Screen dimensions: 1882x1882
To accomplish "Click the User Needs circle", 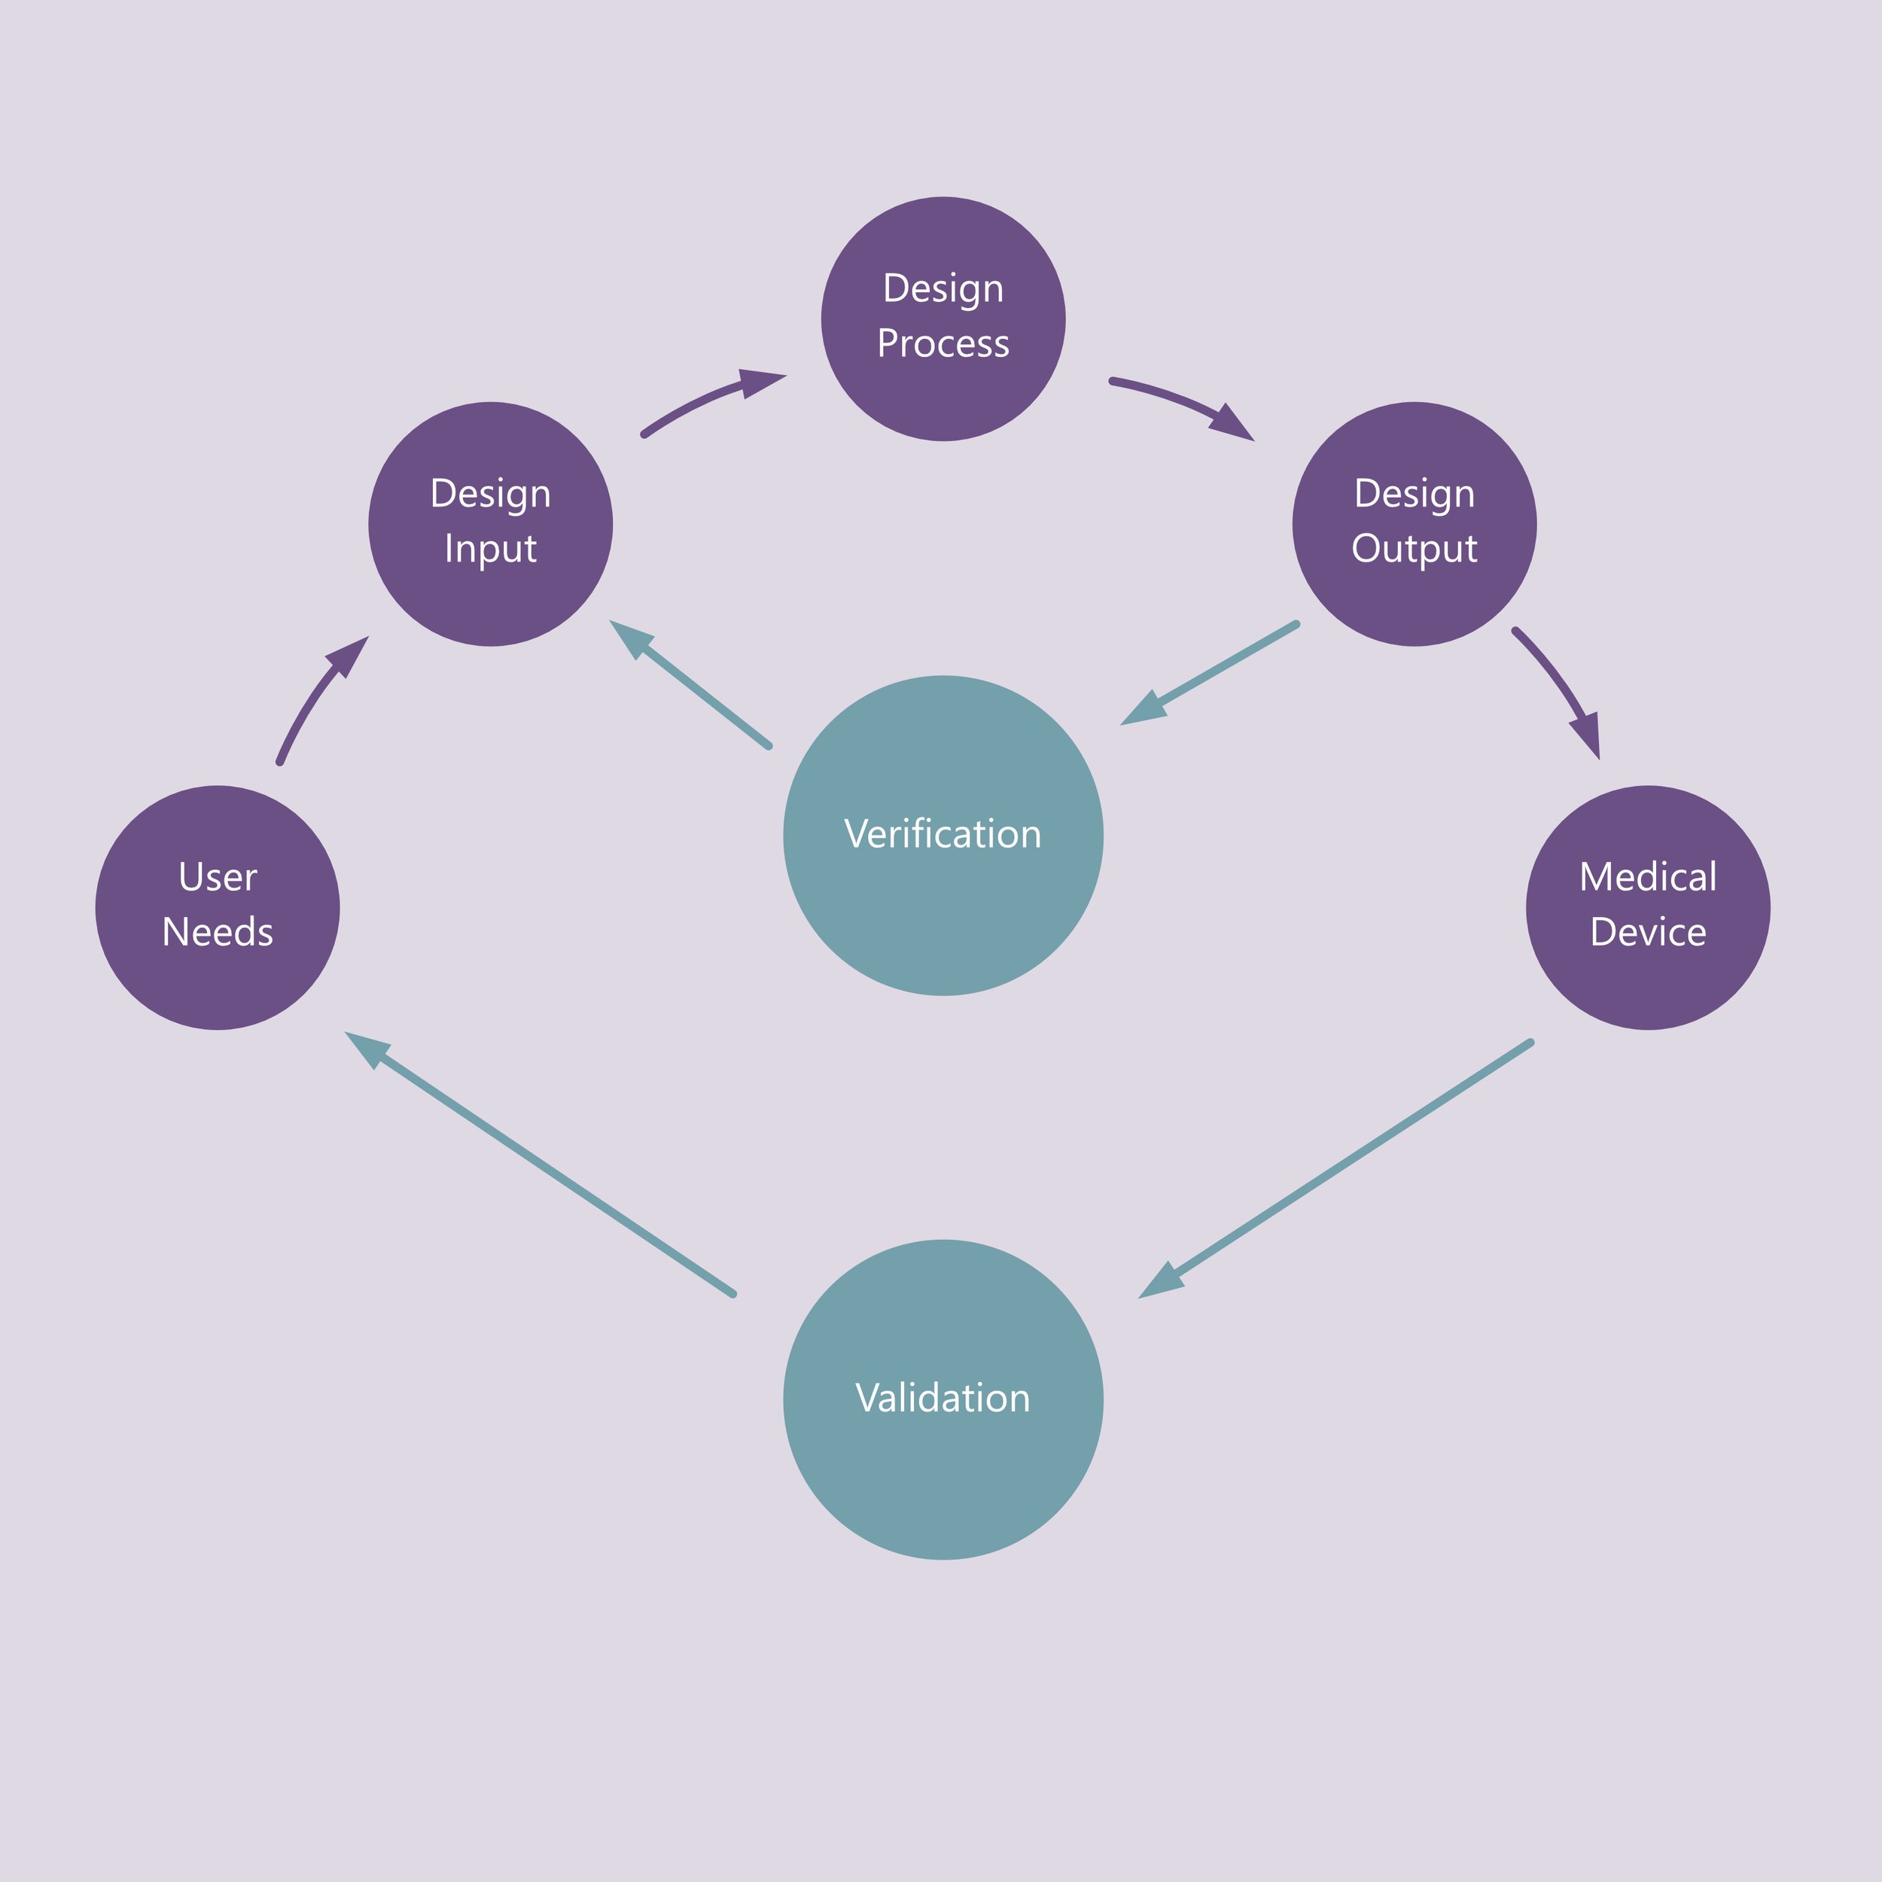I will (x=218, y=907).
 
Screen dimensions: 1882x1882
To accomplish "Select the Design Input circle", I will (x=490, y=523).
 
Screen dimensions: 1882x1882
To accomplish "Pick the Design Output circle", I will (x=1414, y=523).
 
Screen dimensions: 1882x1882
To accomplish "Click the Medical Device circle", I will (x=1647, y=907).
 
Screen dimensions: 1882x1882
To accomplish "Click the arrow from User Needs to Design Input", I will (x=314, y=693).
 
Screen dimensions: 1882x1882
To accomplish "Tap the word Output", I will (x=1414, y=549).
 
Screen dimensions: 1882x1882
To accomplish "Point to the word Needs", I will (x=218, y=932).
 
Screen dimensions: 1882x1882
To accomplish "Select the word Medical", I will (x=1647, y=878).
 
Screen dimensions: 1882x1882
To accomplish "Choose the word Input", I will (x=490, y=549).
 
